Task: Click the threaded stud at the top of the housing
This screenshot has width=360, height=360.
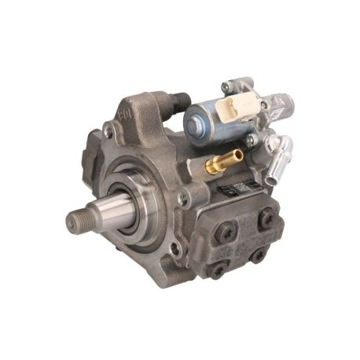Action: coord(182,103)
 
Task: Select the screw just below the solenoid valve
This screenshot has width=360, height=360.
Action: coord(251,141)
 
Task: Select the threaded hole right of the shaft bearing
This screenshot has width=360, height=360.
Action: coord(182,200)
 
